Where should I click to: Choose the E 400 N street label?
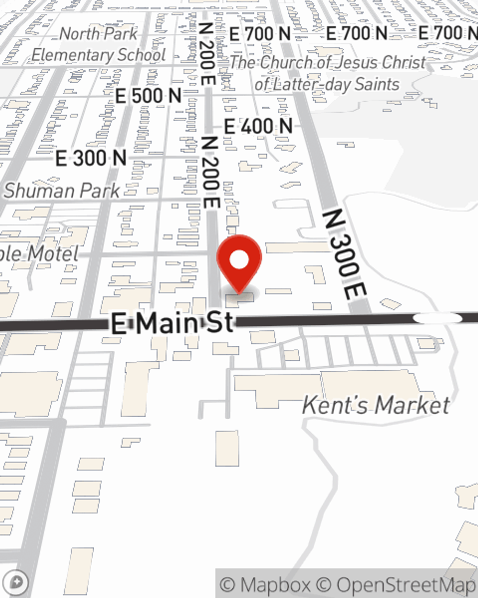click(x=258, y=126)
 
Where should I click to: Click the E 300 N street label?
click(x=91, y=158)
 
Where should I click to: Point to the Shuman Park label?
click(x=62, y=190)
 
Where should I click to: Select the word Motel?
click(x=53, y=254)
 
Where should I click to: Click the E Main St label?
click(x=172, y=323)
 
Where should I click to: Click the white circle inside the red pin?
click(x=239, y=260)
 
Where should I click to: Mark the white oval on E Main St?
click(x=437, y=318)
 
